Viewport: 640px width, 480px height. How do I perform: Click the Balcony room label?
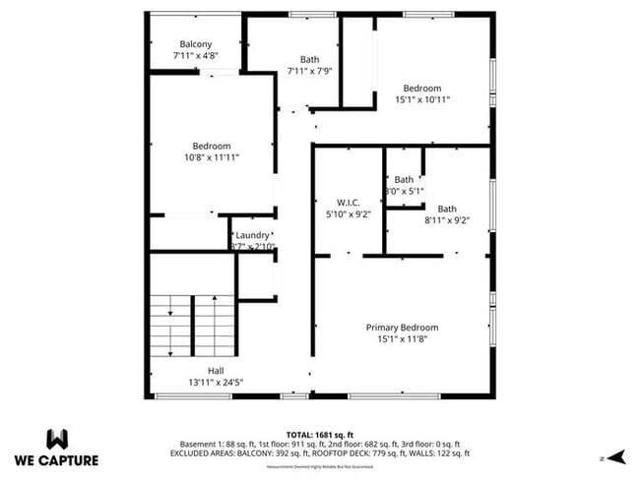(196, 43)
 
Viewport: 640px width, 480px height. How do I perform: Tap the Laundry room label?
(253, 235)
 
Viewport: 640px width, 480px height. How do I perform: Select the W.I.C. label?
(348, 202)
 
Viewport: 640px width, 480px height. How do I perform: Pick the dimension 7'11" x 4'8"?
(196, 56)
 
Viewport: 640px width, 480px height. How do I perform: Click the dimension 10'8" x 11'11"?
(211, 157)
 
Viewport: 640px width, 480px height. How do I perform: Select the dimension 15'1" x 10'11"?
(423, 99)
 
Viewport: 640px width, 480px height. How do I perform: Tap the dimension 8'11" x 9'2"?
(447, 220)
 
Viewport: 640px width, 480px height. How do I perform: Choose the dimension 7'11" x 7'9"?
(310, 71)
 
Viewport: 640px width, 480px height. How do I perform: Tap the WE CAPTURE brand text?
(56, 460)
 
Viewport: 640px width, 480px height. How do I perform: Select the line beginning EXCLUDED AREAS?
(319, 453)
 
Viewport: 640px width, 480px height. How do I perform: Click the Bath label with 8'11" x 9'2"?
(447, 209)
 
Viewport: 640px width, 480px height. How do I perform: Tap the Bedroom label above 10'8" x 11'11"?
(211, 146)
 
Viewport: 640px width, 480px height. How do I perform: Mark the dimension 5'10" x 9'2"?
(348, 213)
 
